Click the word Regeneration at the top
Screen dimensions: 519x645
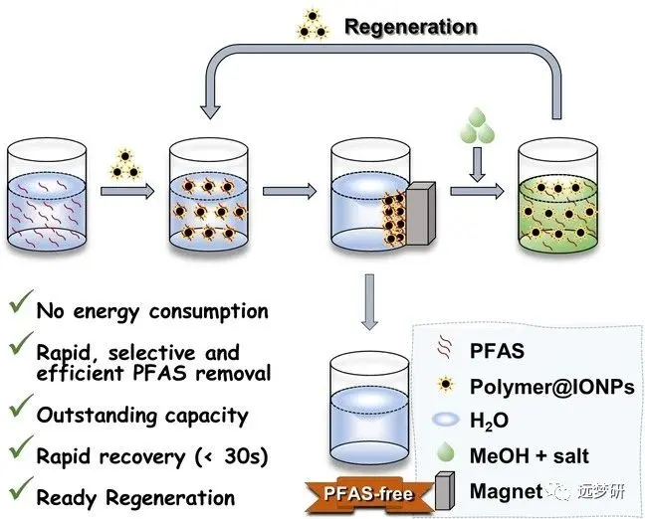tap(410, 26)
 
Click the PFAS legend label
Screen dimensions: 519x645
tap(496, 349)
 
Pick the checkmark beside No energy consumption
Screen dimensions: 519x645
tap(18, 308)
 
